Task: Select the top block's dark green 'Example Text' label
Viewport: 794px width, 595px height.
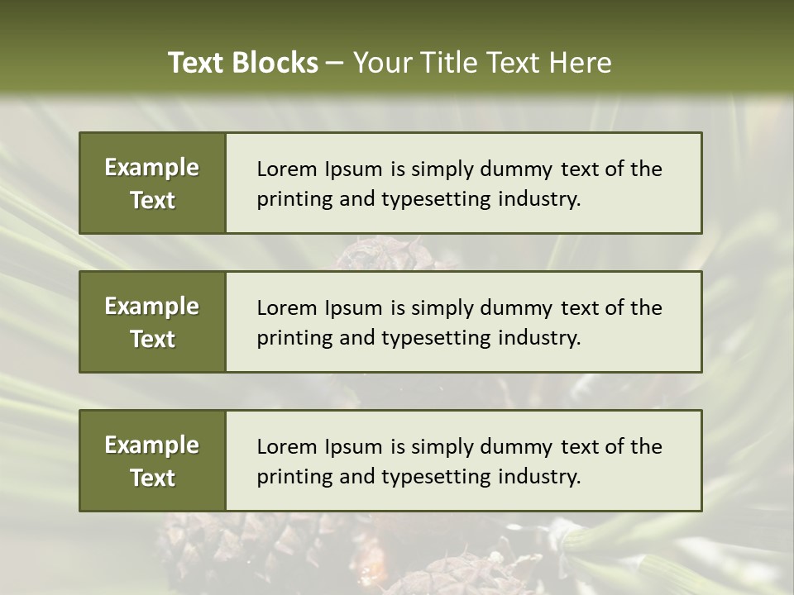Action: click(x=152, y=183)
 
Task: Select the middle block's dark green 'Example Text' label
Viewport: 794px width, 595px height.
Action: click(x=152, y=322)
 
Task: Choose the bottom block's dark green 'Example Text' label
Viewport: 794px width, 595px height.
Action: click(x=152, y=461)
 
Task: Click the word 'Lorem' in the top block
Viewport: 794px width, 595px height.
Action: click(x=285, y=169)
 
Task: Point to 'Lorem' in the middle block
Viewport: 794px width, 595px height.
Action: click(x=285, y=308)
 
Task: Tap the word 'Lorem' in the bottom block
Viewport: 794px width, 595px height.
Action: click(x=285, y=447)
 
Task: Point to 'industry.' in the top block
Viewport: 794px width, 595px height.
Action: click(x=539, y=199)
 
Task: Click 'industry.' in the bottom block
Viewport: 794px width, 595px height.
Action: click(x=539, y=477)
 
